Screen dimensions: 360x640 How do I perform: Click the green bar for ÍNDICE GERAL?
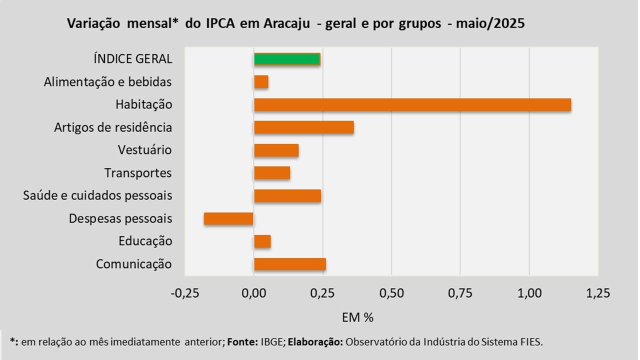pos(287,59)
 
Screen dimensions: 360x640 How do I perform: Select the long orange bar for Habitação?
pos(412,105)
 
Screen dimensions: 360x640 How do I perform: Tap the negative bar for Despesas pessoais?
pos(229,218)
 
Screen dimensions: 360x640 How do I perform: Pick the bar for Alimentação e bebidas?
pos(261,82)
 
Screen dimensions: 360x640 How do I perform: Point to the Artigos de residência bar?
pos(304,127)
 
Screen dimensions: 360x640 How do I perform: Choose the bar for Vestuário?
pos(276,150)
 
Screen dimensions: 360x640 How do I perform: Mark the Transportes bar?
pos(272,173)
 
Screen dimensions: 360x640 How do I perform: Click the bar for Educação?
pos(262,241)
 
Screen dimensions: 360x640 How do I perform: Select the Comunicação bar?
pos(290,264)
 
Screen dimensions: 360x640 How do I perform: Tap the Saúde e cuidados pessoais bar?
pos(287,196)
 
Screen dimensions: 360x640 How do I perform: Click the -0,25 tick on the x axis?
pos(184,293)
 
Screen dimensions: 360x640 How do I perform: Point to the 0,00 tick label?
pos(254,293)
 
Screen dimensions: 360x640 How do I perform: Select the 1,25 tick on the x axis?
pos(598,293)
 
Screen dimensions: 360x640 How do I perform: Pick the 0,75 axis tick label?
pos(460,293)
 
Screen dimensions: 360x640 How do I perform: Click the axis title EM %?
pos(358,317)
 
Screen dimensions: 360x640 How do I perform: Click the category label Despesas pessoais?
pos(120,218)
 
